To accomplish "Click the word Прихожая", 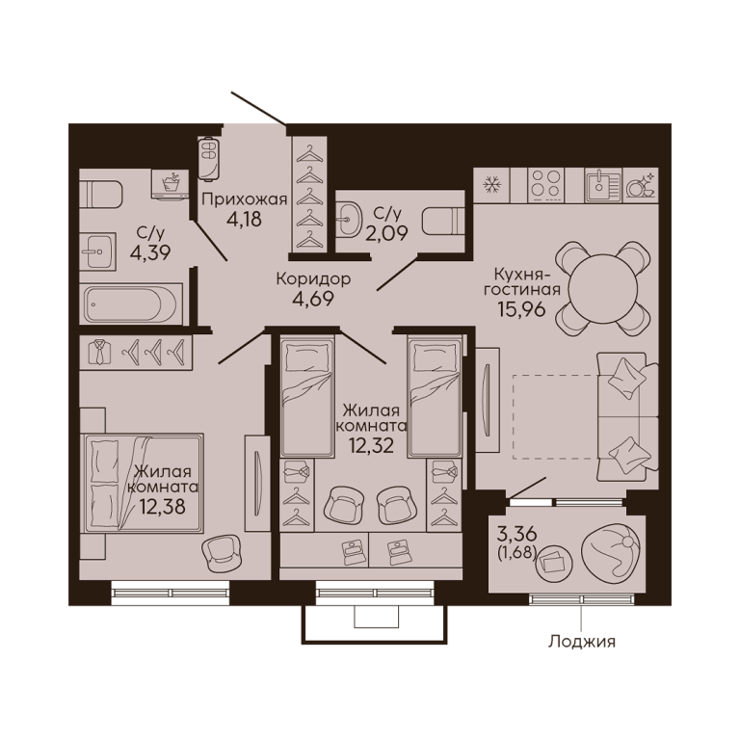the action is tap(245, 199).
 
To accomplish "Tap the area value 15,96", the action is tap(521, 309).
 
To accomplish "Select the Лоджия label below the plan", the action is tap(581, 642).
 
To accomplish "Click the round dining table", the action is tap(602, 289).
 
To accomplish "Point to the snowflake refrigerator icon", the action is tap(492, 185).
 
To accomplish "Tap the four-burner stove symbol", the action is tap(546, 184).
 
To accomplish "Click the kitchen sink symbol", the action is tap(603, 184).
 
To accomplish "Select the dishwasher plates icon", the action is tap(641, 185).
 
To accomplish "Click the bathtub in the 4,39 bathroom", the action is tap(131, 304).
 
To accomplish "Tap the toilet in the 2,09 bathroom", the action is tap(443, 221).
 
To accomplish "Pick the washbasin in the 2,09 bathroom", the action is tap(348, 219).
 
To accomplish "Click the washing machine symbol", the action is tap(171, 185).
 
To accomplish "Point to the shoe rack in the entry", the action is tap(208, 159).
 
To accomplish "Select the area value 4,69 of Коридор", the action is tap(313, 299).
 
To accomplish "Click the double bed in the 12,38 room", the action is tap(142, 484).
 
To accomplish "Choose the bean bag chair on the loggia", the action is tap(611, 552).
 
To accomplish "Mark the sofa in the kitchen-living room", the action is tap(627, 416).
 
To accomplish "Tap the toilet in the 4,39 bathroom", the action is tap(101, 194).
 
